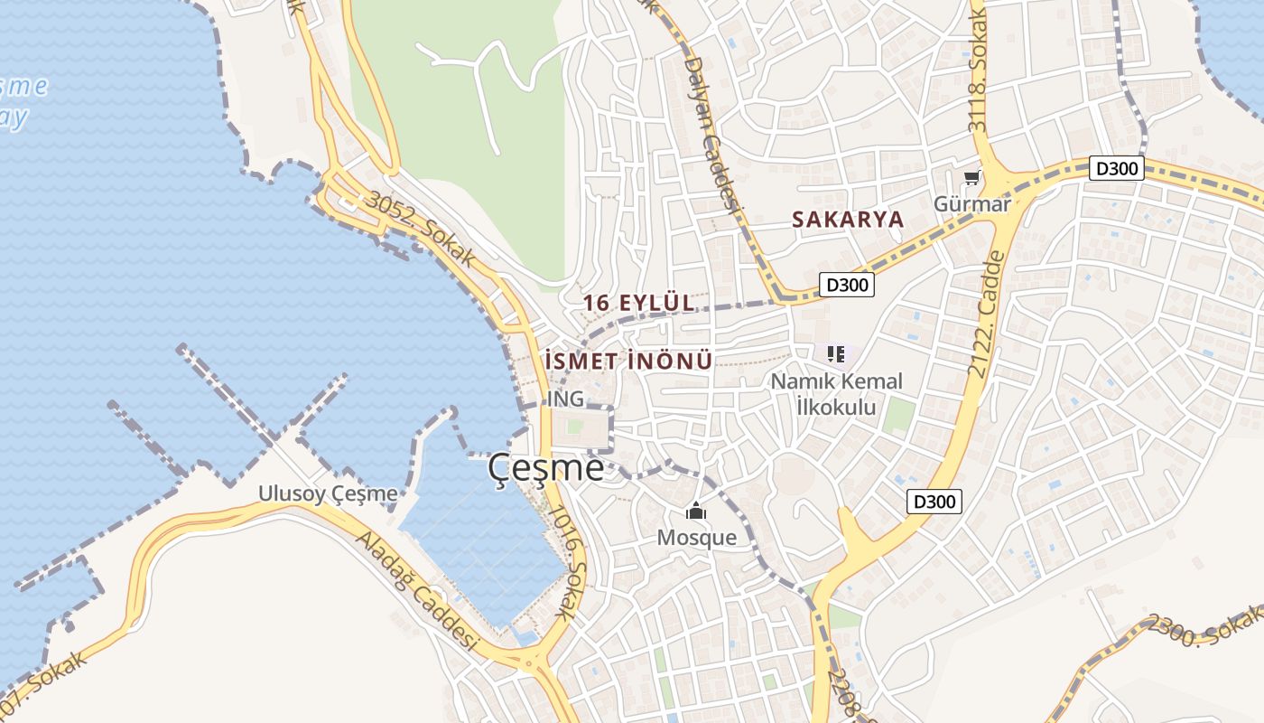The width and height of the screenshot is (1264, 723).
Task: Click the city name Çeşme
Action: coord(545,468)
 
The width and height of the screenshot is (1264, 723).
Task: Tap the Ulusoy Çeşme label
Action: coord(328,493)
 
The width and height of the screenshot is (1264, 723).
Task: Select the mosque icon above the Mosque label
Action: coord(695,512)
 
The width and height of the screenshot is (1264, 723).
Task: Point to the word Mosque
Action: coord(696,538)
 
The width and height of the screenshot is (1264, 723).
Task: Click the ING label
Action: coord(565,399)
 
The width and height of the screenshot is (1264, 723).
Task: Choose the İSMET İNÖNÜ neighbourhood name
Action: coord(629,361)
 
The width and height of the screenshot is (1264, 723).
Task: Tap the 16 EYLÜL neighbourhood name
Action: coord(639,303)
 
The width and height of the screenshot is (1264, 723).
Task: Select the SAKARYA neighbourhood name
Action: coord(847,219)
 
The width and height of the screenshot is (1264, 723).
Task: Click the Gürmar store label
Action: coord(971,204)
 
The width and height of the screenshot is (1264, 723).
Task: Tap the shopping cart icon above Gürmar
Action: coord(971,178)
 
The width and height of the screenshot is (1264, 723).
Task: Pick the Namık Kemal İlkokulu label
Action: coord(836,394)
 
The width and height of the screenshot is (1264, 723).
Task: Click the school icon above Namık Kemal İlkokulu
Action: coord(835,353)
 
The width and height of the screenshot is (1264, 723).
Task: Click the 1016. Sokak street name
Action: coord(568,561)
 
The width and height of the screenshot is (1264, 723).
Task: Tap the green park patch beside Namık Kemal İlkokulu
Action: coord(898,415)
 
